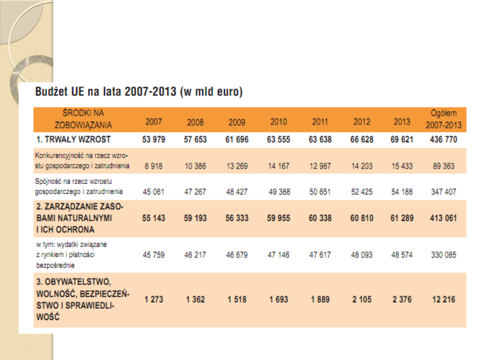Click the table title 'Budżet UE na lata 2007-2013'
139,93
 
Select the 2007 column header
154,122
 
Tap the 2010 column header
279,122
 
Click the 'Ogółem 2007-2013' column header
444,119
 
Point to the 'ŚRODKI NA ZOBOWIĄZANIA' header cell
83,119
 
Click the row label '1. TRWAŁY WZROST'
74,140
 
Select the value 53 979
154,140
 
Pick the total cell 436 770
444,140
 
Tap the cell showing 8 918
154,166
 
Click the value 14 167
279,166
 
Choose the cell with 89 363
444,166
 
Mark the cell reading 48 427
237,192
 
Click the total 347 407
444,192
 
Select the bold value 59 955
279,218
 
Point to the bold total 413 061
444,218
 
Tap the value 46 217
195,255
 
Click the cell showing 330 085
444,255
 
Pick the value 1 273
154,300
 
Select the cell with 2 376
402,300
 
